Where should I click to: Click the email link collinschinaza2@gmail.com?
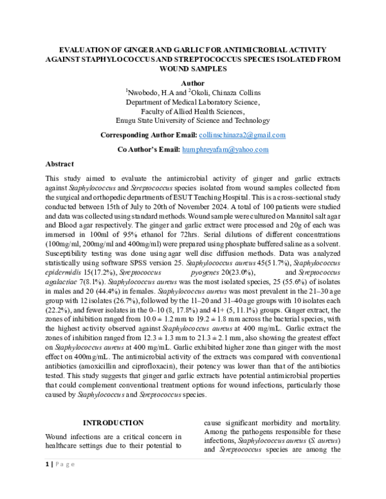click(243, 136)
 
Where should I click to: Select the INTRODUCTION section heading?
click(114, 422)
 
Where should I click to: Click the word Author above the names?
click(192, 84)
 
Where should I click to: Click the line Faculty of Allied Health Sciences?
click(193, 111)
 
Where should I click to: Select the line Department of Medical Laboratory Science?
click(193, 102)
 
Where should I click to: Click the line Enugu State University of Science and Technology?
click(193, 120)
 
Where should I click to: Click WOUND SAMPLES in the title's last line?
click(193, 68)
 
